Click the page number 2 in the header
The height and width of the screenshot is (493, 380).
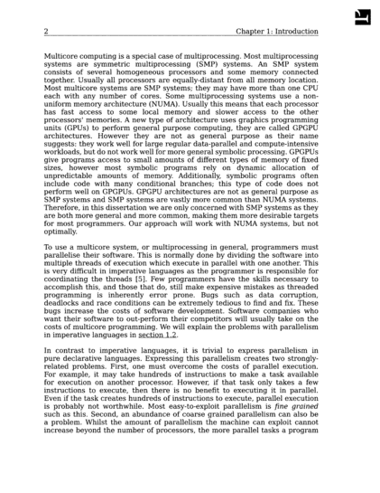click(x=45, y=31)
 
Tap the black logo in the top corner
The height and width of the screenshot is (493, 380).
click(x=363, y=16)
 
